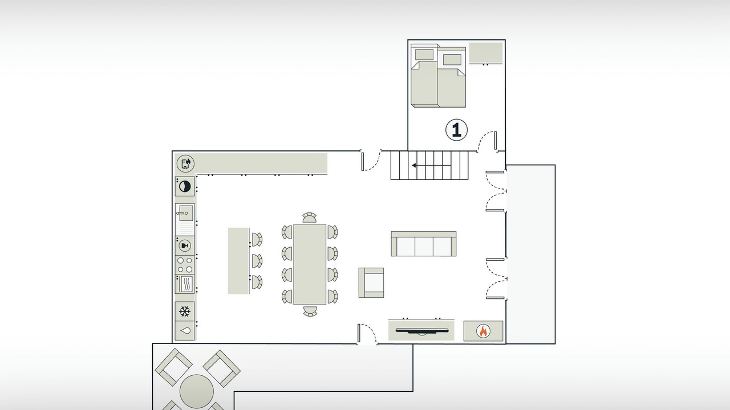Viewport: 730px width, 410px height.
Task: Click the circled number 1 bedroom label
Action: click(456, 130)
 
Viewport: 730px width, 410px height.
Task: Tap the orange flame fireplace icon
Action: click(483, 331)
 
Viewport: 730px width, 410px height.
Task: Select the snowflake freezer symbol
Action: click(185, 311)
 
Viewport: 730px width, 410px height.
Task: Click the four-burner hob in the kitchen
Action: click(185, 265)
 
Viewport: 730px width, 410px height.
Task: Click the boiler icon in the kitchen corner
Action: click(185, 163)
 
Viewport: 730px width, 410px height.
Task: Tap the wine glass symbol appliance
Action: click(185, 245)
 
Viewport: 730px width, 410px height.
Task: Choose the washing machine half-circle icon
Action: click(185, 186)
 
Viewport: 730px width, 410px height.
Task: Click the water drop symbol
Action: click(185, 331)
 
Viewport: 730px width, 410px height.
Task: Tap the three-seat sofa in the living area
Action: click(423, 244)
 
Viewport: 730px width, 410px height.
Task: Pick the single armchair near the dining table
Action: click(371, 283)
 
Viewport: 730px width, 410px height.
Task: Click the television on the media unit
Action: click(421, 331)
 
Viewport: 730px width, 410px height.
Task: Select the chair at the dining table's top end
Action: click(309, 218)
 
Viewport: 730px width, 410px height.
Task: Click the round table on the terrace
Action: click(197, 391)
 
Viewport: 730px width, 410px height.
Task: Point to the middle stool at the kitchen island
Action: click(257, 261)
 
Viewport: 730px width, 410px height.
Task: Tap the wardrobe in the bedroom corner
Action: click(485, 52)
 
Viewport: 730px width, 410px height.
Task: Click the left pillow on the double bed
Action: click(424, 54)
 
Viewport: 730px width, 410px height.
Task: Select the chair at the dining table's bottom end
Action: click(310, 311)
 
